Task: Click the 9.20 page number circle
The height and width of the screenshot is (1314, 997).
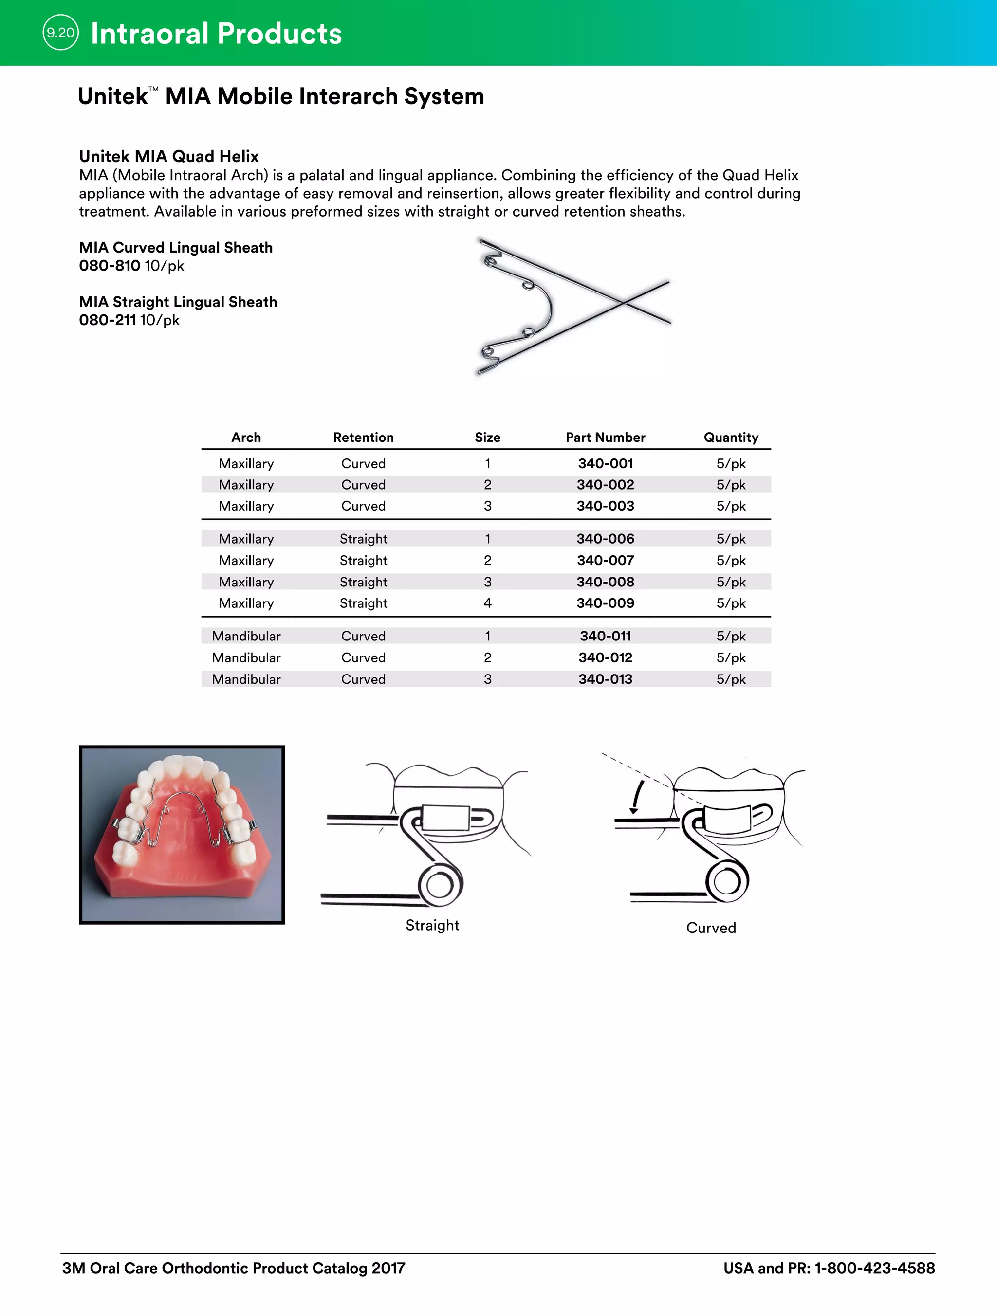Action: point(60,33)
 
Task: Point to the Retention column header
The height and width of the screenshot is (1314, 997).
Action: point(363,437)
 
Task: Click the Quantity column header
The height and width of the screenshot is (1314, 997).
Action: point(730,437)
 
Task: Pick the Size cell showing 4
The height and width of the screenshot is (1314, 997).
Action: point(487,603)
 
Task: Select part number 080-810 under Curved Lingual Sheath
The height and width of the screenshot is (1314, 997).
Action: point(110,266)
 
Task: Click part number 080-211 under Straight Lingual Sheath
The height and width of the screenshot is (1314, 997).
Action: point(108,320)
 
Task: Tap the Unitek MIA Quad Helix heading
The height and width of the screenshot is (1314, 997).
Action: point(169,156)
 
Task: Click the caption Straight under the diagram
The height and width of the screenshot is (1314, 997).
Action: point(432,925)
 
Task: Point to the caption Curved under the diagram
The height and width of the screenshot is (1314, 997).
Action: point(711,927)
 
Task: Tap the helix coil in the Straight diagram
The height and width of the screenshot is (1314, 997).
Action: point(440,885)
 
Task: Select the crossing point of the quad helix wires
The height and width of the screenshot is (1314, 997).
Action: point(623,303)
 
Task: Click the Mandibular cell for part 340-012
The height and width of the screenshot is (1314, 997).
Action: point(246,657)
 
